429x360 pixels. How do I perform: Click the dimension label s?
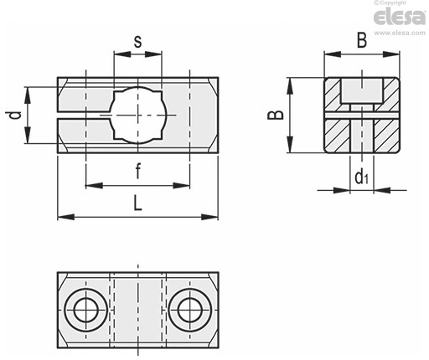137,42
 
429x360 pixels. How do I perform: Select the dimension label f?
137,171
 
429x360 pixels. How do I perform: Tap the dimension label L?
137,203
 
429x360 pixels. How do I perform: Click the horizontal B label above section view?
362,40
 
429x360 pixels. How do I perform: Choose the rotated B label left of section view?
276,115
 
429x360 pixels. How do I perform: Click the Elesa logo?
399,18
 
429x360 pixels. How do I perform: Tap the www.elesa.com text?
400,33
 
